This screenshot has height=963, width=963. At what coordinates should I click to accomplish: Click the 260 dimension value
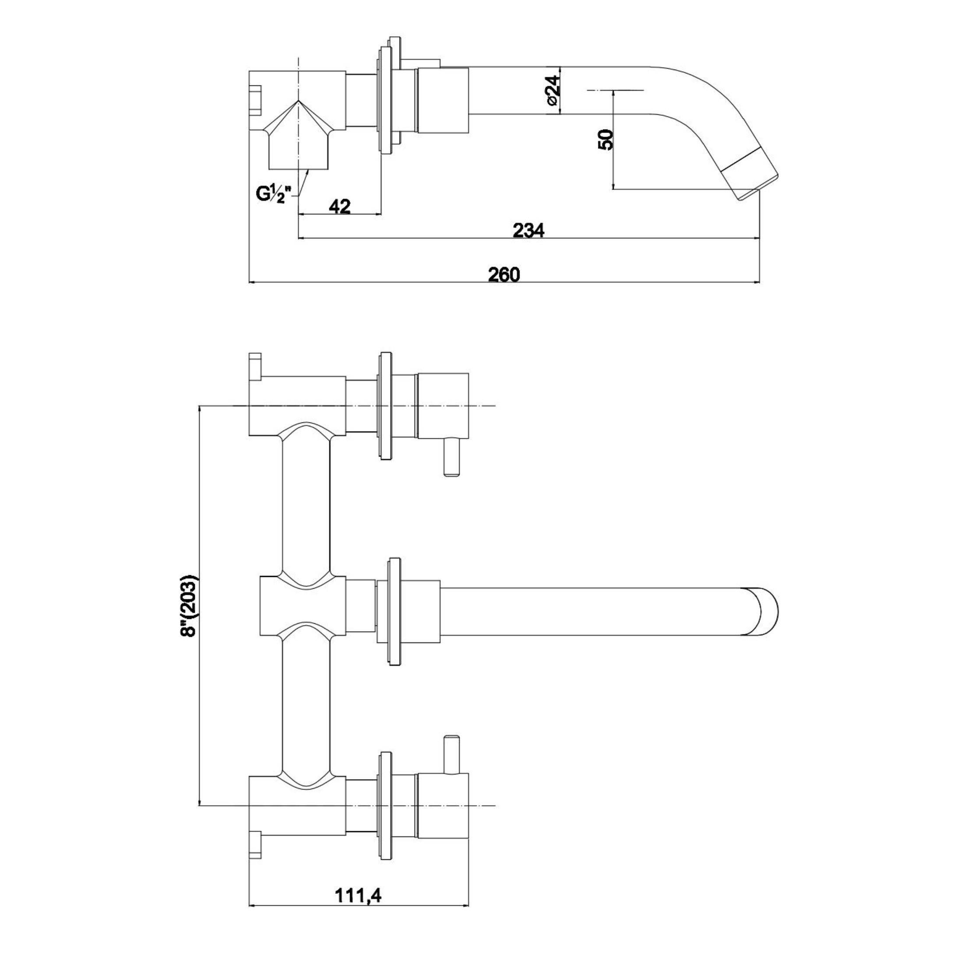503,274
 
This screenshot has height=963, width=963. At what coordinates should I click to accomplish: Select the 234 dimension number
528,230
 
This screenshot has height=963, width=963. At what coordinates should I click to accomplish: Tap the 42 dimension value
339,206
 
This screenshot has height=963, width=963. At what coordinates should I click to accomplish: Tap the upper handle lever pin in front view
452,457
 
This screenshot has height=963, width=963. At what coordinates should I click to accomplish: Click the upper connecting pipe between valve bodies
305,503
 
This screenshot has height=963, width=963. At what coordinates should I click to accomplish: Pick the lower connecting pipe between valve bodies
305,708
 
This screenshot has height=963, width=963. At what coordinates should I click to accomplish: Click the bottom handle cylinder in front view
443,806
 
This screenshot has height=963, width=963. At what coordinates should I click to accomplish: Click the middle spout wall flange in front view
394,611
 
